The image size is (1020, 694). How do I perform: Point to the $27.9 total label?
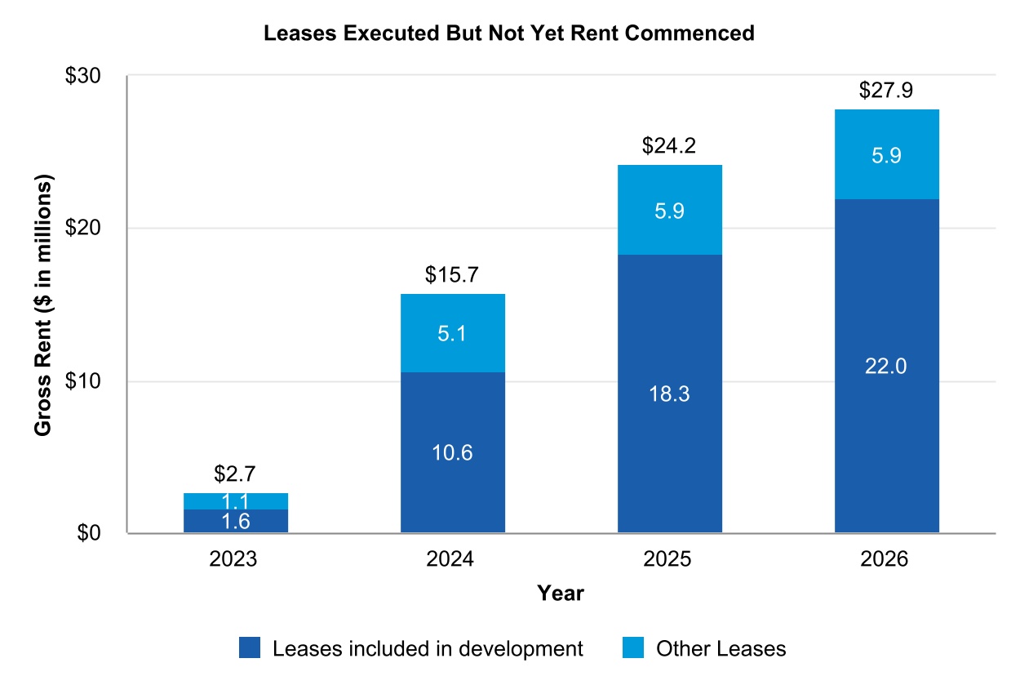click(886, 91)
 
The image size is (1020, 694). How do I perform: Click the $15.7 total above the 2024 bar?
click(452, 275)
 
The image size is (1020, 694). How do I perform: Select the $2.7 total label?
click(236, 474)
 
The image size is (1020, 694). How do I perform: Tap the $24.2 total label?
click(669, 146)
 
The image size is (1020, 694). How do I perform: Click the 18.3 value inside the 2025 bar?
click(669, 394)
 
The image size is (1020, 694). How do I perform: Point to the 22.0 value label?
click(886, 367)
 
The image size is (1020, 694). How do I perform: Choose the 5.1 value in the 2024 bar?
click(452, 333)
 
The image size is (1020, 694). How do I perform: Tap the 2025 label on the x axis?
click(669, 560)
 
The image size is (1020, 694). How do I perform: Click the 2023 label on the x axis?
click(236, 560)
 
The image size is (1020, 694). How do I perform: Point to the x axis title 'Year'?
click(561, 594)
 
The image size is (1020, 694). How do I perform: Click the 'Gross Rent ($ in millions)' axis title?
click(44, 304)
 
